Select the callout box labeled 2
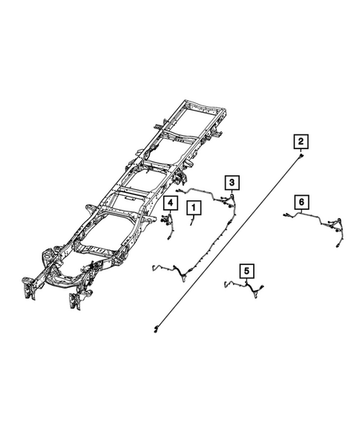[301, 141]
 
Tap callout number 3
[232, 182]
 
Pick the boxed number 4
[170, 203]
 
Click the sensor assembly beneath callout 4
[167, 220]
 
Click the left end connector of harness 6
[285, 216]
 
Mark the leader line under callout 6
[301, 211]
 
